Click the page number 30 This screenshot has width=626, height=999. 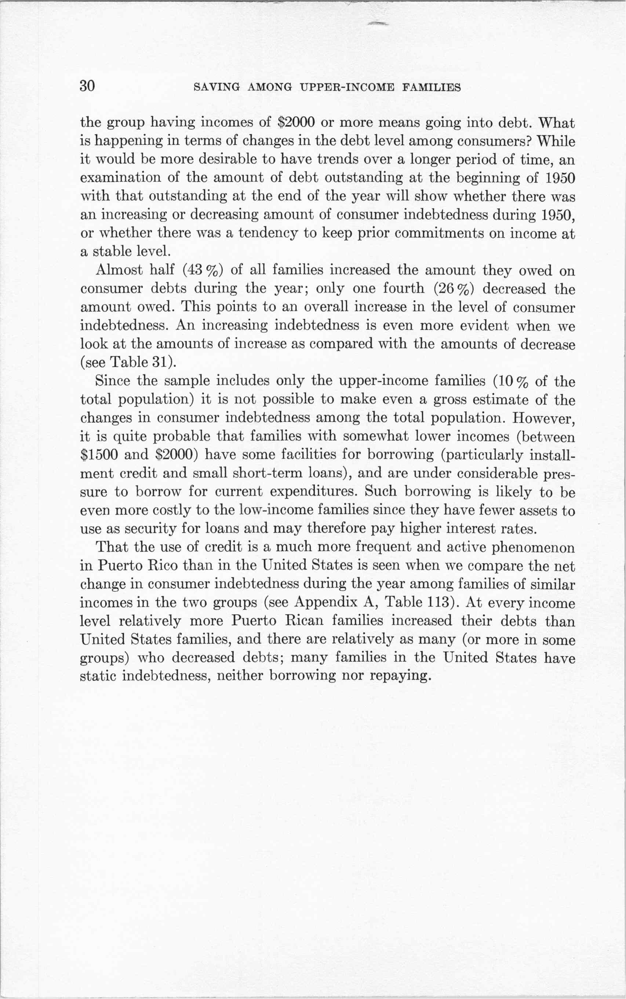point(88,86)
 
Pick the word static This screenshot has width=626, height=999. point(97,676)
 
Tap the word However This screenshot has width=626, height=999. point(543,418)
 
